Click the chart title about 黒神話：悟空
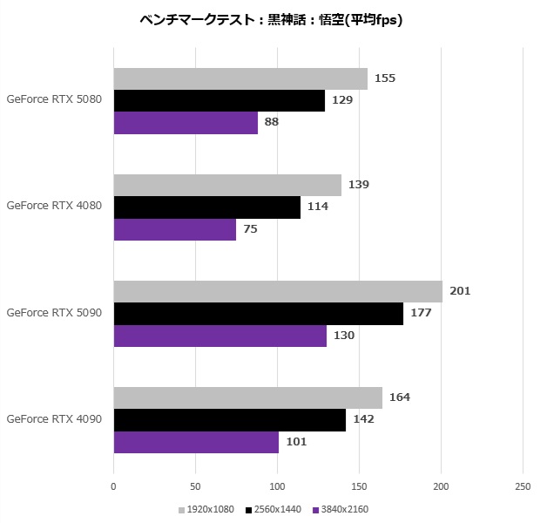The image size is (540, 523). coord(270,19)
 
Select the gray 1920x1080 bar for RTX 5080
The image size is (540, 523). coord(240,78)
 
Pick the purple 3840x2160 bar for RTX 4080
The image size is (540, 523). coord(175,229)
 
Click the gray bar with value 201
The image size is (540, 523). coord(278,291)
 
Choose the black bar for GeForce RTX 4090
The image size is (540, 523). coord(230,420)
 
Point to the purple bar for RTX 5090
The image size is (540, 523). coord(220,336)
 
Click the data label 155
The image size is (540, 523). coord(385,78)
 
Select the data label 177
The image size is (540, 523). coord(422,314)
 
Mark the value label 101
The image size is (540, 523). coord(296,442)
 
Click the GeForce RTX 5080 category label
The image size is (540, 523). coord(54,99)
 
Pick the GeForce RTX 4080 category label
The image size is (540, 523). coord(54,207)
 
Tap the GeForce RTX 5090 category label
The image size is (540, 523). coord(54,313)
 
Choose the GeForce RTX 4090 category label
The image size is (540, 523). coord(54,419)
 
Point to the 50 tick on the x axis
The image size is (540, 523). coord(196,486)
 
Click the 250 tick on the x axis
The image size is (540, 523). coord(523,486)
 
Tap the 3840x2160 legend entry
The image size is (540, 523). coord(341,509)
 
